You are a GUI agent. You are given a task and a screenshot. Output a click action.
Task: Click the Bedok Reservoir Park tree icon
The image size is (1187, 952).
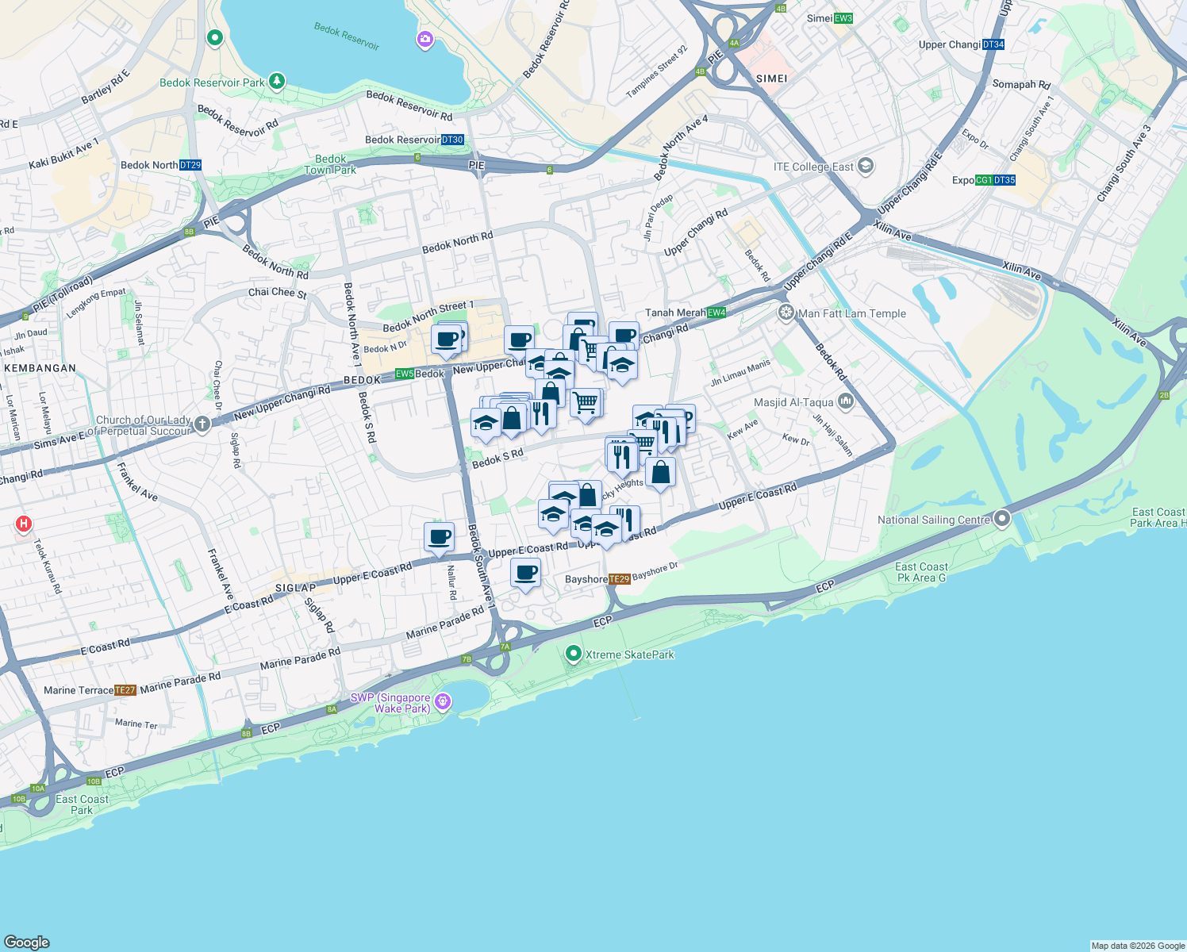tap(276, 81)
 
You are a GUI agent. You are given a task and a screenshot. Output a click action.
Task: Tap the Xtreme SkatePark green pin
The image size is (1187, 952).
tap(573, 654)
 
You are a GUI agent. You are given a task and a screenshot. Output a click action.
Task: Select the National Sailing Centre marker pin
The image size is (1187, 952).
tap(1002, 520)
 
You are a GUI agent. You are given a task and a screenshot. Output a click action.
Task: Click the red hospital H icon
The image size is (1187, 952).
tap(24, 524)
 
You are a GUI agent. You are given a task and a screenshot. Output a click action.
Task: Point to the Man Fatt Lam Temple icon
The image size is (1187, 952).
tap(786, 313)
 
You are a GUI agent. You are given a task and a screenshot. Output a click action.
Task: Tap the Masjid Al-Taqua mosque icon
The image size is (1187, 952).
tap(845, 401)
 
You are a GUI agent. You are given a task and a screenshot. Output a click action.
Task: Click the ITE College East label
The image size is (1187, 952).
tap(813, 167)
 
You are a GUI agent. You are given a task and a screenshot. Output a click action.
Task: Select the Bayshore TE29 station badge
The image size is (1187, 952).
tap(619, 579)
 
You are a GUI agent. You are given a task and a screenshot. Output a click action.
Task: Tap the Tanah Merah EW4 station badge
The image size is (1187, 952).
tap(716, 313)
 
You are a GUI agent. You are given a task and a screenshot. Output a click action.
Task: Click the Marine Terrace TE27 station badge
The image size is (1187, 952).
tap(125, 690)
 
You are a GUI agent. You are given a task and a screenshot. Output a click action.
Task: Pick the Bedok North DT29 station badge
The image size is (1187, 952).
tap(190, 165)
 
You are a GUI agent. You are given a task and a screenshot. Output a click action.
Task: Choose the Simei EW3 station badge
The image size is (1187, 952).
tap(843, 18)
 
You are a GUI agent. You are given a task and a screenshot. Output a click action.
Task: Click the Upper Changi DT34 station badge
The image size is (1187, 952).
tap(993, 44)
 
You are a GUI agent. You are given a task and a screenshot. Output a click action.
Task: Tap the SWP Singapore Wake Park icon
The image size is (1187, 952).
tap(443, 701)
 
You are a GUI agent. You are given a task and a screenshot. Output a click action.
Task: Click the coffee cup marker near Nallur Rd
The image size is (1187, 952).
tap(439, 537)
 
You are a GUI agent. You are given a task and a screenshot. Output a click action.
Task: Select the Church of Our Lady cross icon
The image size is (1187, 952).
tap(202, 424)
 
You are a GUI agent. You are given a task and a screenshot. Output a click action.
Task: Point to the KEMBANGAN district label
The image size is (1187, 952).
tap(40, 368)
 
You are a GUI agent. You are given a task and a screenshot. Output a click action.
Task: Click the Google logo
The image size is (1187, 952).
tap(26, 942)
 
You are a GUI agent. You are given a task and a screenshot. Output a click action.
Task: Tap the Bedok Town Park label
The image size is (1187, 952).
tap(330, 164)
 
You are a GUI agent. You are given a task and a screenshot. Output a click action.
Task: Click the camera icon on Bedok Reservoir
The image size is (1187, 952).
tap(425, 39)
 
